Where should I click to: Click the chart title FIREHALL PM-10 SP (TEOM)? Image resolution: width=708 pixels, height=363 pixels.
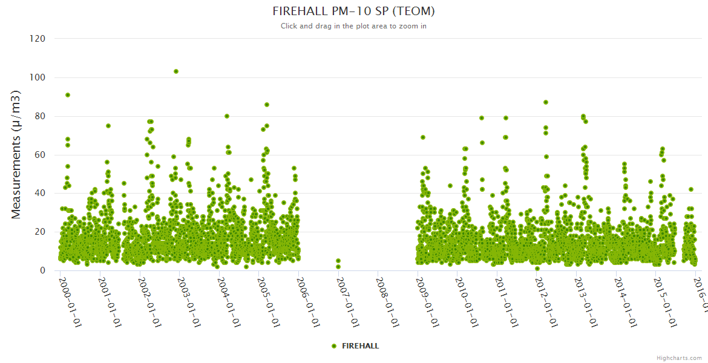(x=353, y=11)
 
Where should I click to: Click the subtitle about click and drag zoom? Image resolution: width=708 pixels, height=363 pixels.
(x=353, y=26)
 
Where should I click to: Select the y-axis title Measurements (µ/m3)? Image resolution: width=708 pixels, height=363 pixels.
(x=17, y=154)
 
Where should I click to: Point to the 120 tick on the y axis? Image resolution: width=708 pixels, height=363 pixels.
(x=37, y=39)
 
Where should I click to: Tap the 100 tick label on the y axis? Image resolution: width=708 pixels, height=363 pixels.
(x=37, y=77)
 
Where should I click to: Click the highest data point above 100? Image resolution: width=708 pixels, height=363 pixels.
(x=176, y=71)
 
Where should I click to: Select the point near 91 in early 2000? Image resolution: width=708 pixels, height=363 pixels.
(x=68, y=95)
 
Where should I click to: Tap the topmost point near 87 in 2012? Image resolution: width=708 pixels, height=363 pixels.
(x=546, y=102)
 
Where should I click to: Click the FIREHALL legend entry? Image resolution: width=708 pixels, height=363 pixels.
(x=355, y=346)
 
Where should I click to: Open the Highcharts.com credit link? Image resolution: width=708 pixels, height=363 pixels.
(x=679, y=358)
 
